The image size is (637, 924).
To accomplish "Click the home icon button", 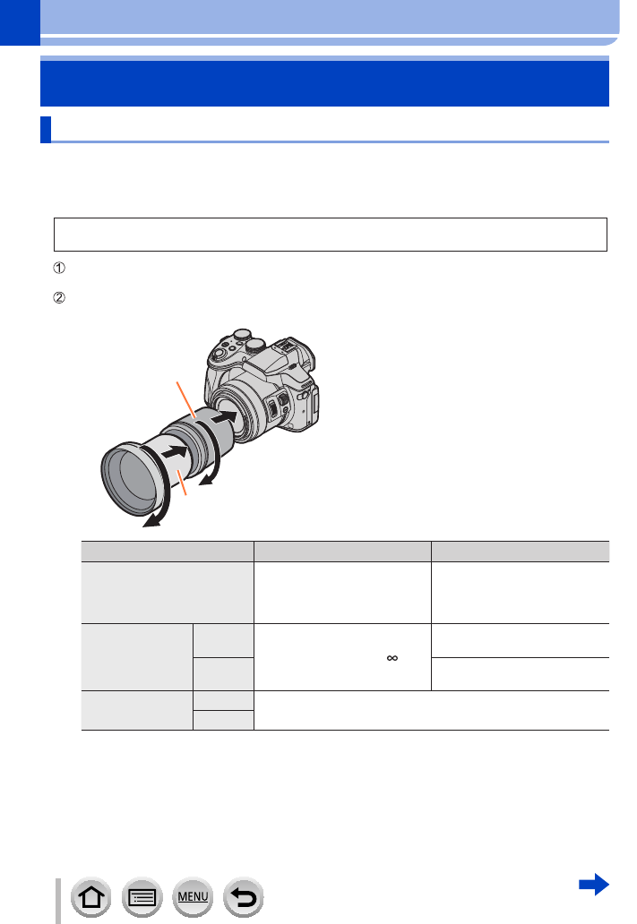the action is [90, 897].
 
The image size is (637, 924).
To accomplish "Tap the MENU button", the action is [193, 897].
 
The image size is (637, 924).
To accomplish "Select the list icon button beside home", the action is [142, 897].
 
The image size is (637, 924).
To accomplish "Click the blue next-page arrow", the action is [594, 884].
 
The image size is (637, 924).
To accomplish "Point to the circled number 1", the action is [59, 268].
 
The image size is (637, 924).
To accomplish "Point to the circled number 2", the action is [59, 297].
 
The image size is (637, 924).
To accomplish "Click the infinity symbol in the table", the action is [392, 658].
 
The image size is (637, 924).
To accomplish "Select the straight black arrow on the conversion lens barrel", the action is [175, 452].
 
